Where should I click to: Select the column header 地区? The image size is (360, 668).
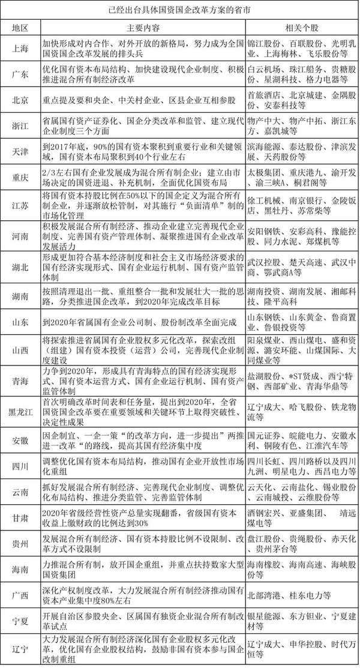pyautogui.click(x=22, y=28)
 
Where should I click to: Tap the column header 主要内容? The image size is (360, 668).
pyautogui.click(x=143, y=28)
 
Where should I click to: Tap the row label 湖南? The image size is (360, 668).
pyautogui.click(x=22, y=295)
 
